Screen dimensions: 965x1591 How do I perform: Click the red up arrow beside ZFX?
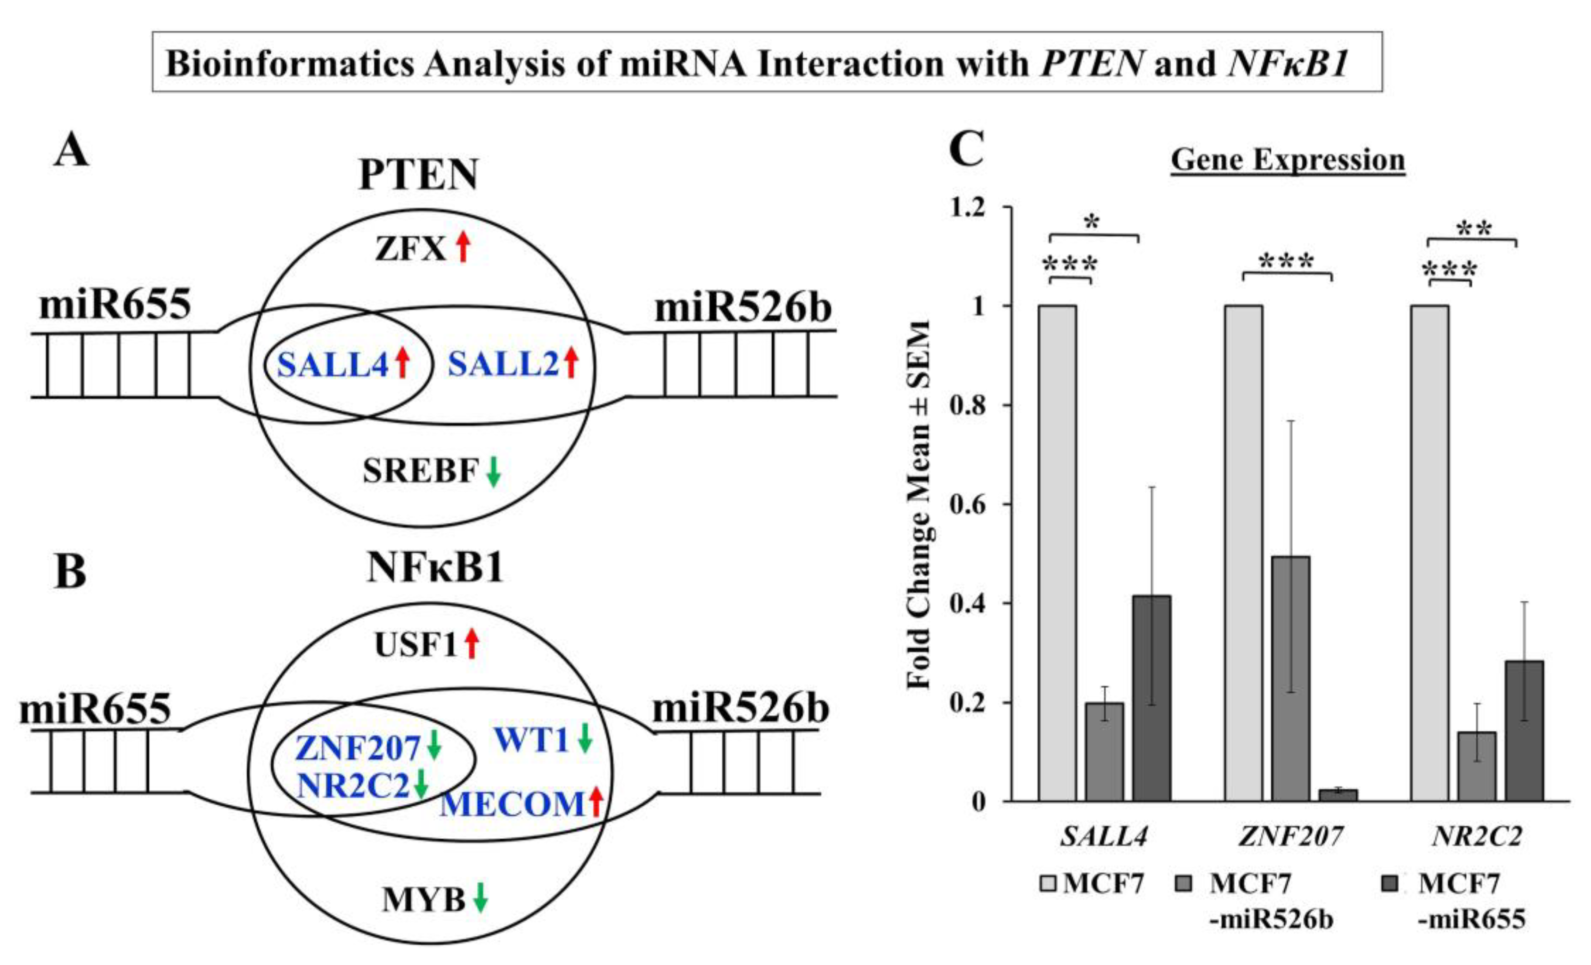click(x=462, y=247)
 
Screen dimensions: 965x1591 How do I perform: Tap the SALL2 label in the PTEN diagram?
click(x=503, y=365)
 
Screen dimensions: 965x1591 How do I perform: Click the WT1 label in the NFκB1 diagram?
click(x=531, y=740)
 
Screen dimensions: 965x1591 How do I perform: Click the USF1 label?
click(x=416, y=645)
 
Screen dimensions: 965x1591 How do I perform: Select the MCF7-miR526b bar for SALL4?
click(x=1104, y=752)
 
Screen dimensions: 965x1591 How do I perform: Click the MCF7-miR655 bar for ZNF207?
click(x=1338, y=795)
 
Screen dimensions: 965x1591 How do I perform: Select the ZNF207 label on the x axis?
click(x=1291, y=837)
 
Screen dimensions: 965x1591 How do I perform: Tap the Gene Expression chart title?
click(x=1288, y=160)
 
